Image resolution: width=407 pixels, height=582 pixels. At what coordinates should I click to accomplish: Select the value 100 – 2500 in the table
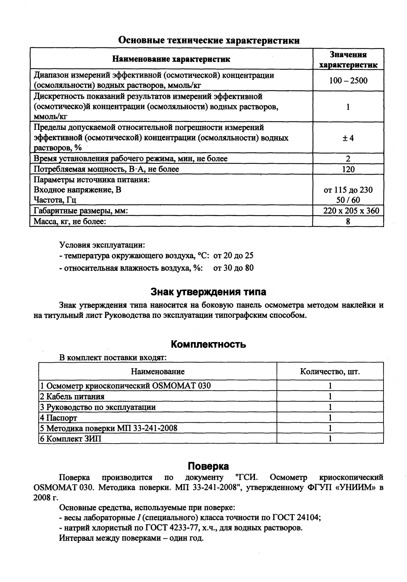tap(348, 81)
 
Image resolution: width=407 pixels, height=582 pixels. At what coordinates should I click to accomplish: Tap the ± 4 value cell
tap(348, 138)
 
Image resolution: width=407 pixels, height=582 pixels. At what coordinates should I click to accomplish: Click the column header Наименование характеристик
tap(171, 59)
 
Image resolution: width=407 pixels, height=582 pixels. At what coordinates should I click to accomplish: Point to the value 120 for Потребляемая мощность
tap(348, 169)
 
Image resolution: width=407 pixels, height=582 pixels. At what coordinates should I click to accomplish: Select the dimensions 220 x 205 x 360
tap(351, 211)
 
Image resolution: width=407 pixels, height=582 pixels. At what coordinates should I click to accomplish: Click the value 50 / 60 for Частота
tap(348, 200)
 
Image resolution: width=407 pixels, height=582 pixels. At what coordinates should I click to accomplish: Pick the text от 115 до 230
tap(348, 190)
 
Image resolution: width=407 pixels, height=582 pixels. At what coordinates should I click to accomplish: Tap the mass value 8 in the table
tap(348, 222)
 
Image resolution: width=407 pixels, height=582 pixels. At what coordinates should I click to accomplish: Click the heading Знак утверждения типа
tap(208, 291)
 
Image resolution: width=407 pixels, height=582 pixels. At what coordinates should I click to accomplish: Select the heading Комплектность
tap(208, 344)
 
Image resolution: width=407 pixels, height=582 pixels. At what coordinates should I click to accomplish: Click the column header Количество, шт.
tap(330, 372)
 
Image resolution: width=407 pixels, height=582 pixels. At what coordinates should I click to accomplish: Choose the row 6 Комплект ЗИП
tap(71, 439)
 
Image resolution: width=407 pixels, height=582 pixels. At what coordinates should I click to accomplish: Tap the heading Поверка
tap(208, 466)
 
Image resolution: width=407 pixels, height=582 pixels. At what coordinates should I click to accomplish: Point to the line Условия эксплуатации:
tap(102, 245)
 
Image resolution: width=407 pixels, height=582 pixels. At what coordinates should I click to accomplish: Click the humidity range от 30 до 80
tap(233, 268)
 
